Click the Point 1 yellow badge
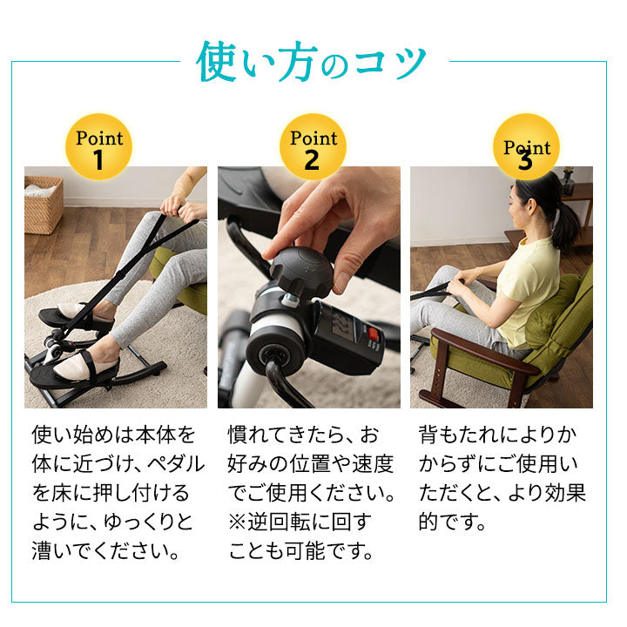(x=99, y=146)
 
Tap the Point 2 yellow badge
(x=313, y=146)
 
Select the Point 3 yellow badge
(x=526, y=146)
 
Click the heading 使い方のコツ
(x=313, y=63)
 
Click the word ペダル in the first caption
(x=175, y=462)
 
